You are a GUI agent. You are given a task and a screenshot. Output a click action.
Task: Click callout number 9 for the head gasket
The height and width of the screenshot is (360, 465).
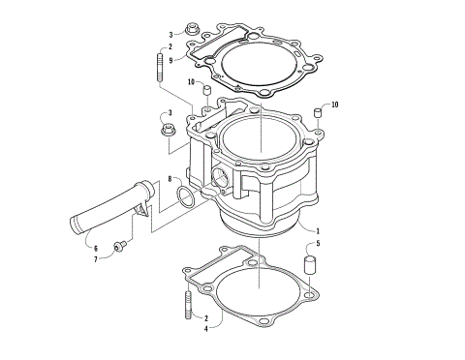(170, 60)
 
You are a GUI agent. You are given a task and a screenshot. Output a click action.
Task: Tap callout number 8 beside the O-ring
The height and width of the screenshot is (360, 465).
(169, 179)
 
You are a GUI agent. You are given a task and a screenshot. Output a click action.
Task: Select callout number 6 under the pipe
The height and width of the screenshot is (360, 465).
(95, 248)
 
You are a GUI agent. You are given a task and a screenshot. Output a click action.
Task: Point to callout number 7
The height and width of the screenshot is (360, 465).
(95, 259)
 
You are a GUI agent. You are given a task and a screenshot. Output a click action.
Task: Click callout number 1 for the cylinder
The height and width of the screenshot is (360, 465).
(318, 230)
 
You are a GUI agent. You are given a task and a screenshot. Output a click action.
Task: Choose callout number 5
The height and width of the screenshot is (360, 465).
(318, 244)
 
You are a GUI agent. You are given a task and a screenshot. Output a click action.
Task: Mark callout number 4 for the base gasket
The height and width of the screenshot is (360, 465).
(205, 329)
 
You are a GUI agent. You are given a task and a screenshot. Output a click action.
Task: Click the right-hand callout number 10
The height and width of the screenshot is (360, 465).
(335, 104)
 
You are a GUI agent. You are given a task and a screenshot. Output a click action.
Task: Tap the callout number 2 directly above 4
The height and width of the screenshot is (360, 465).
(205, 316)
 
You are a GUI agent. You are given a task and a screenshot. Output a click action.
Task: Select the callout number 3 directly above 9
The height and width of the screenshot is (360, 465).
(170, 34)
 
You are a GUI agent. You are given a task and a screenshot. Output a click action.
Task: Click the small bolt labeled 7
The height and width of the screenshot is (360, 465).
(120, 249)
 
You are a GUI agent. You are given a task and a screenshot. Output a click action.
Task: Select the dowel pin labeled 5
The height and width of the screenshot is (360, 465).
(312, 264)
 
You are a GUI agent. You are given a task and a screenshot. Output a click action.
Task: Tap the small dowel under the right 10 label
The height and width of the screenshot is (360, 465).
(317, 117)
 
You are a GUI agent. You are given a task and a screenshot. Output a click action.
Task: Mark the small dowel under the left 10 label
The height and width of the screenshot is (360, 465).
(205, 93)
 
